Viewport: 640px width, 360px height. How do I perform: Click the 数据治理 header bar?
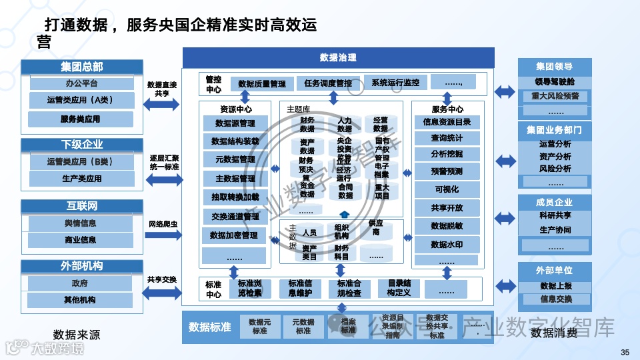point(338,57)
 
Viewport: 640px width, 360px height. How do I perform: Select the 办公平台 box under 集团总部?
point(81,84)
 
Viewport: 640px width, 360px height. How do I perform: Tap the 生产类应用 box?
point(81,179)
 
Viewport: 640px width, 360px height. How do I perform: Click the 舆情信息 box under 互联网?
point(80,223)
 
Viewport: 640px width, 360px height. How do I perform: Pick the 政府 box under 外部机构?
point(80,283)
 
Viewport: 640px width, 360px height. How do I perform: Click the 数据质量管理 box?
point(261,84)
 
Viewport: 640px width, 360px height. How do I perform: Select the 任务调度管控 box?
point(327,84)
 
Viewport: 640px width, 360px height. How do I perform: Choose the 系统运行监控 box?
point(395,83)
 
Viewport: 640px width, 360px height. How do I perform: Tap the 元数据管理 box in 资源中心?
point(235,160)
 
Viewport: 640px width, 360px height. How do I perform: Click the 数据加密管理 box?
point(233,235)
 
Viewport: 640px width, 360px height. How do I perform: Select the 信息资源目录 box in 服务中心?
point(447,122)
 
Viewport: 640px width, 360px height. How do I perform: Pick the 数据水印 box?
point(447,245)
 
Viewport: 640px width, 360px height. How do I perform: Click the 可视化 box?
point(447,189)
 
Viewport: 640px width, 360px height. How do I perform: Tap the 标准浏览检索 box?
point(249,288)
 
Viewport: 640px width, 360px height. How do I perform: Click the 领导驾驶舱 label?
point(554,82)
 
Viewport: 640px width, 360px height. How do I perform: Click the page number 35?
point(625,352)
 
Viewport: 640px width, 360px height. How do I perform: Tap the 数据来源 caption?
point(77,334)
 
